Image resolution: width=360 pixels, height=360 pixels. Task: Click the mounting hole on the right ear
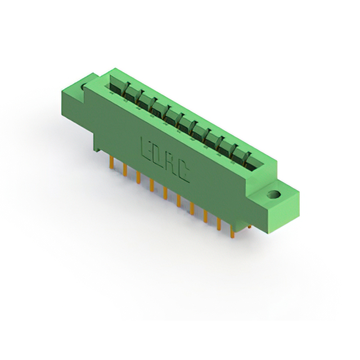coord(274,195)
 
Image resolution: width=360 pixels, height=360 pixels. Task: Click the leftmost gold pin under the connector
coord(111,163)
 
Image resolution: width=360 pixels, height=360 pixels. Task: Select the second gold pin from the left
coord(125,170)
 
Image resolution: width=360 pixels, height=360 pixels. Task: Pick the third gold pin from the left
coord(138,178)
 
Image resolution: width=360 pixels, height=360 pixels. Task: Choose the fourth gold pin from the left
coord(151,185)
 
